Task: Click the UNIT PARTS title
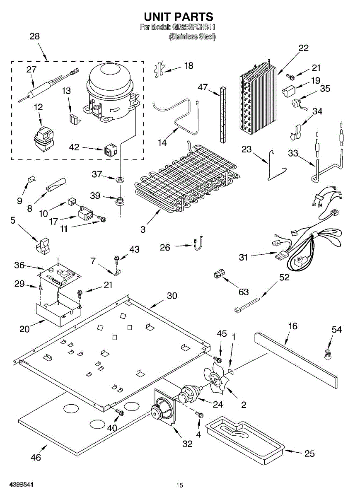[179, 17]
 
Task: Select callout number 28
[35, 36]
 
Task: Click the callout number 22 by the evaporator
[304, 48]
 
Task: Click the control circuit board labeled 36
[59, 274]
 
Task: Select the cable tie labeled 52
[249, 304]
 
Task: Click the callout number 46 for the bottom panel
[36, 457]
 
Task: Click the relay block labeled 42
[110, 150]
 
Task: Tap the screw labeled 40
[120, 412]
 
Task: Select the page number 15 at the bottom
[179, 485]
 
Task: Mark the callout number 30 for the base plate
[172, 296]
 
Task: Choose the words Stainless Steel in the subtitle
[192, 36]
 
